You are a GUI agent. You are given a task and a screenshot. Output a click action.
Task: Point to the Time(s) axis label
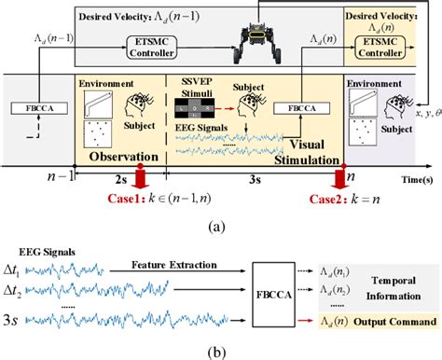pyautogui.click(x=413, y=174)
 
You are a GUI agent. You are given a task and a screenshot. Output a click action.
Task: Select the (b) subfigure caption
pyautogui.click(x=222, y=350)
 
